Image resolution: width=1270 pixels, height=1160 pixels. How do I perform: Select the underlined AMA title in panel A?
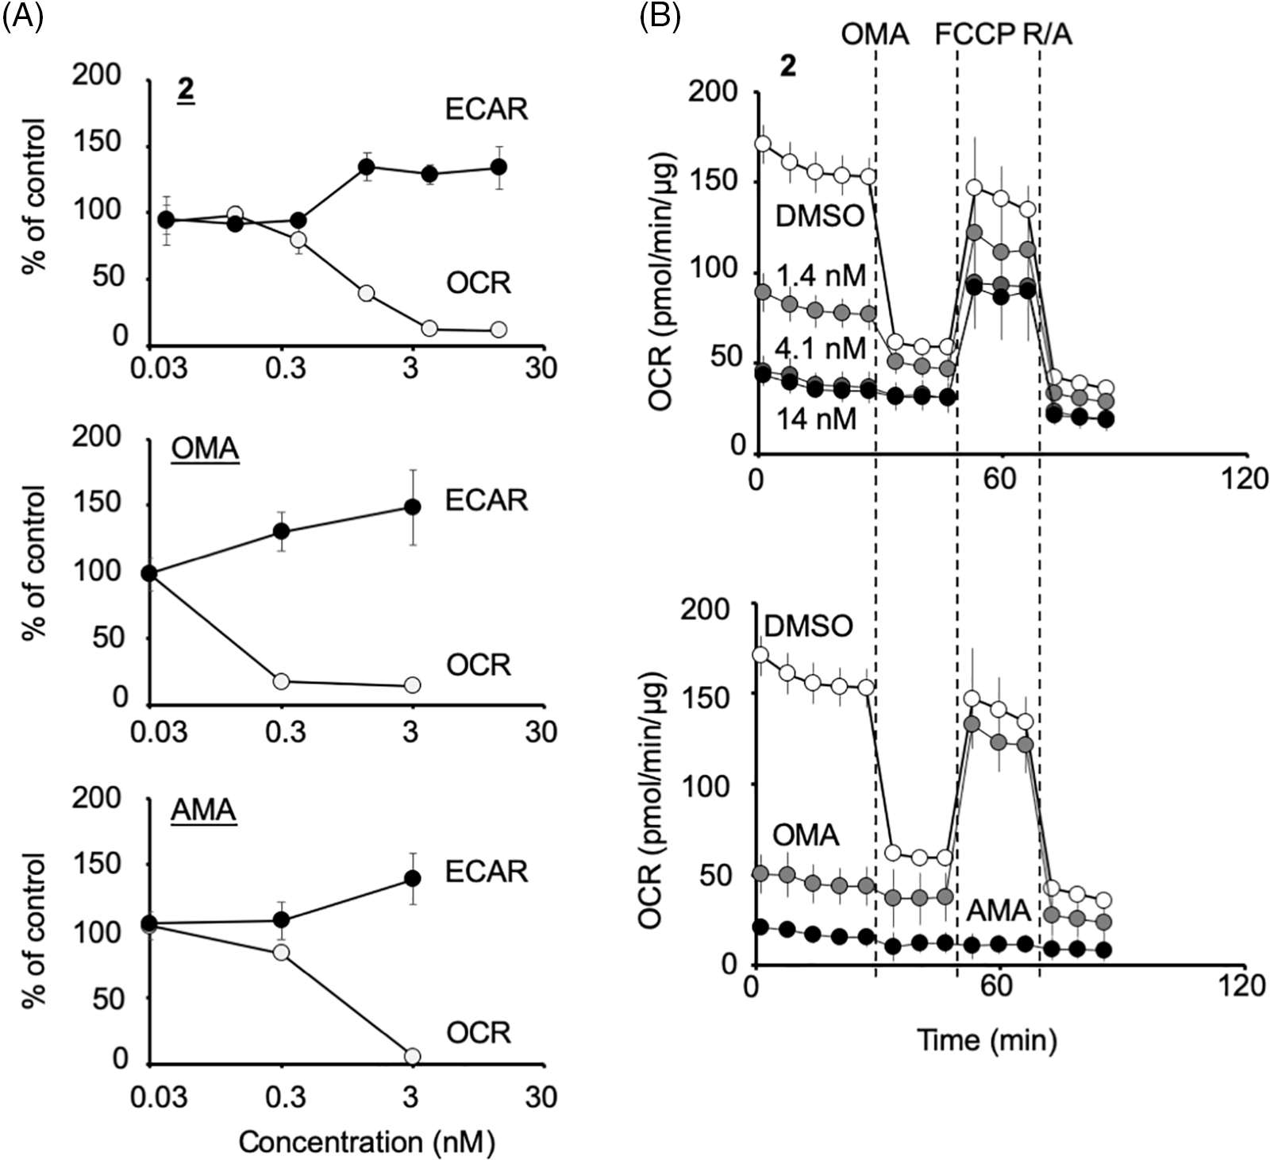(x=204, y=812)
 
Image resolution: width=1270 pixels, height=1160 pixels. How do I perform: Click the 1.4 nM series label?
(x=819, y=277)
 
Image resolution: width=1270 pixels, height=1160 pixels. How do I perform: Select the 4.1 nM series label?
(x=819, y=348)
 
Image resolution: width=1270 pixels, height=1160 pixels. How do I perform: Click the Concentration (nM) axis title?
(x=367, y=1143)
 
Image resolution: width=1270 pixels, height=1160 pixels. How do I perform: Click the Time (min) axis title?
(x=987, y=1039)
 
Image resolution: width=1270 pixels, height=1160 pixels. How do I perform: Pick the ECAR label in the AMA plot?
(x=486, y=871)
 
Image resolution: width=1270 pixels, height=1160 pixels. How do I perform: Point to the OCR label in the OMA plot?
(x=478, y=665)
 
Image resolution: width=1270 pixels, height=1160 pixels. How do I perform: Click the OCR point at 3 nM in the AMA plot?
(x=412, y=1056)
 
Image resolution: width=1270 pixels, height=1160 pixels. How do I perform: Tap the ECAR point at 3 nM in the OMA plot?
(x=412, y=507)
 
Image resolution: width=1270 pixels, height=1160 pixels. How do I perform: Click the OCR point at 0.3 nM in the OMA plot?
(x=281, y=681)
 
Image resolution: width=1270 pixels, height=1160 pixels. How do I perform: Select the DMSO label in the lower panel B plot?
(x=808, y=626)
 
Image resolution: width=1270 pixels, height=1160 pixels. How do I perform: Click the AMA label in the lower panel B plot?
(x=998, y=910)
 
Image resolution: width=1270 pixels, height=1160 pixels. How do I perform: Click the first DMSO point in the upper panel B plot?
(x=763, y=144)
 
